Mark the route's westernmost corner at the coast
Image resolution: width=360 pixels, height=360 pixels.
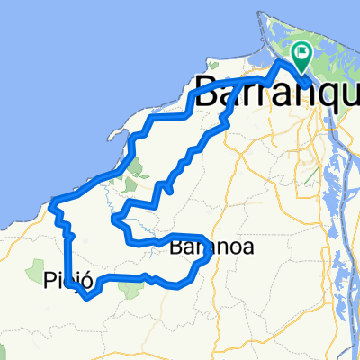(53, 201)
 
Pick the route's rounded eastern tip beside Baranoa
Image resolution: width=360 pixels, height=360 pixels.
(211, 256)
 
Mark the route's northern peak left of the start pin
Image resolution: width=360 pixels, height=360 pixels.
(280, 65)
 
